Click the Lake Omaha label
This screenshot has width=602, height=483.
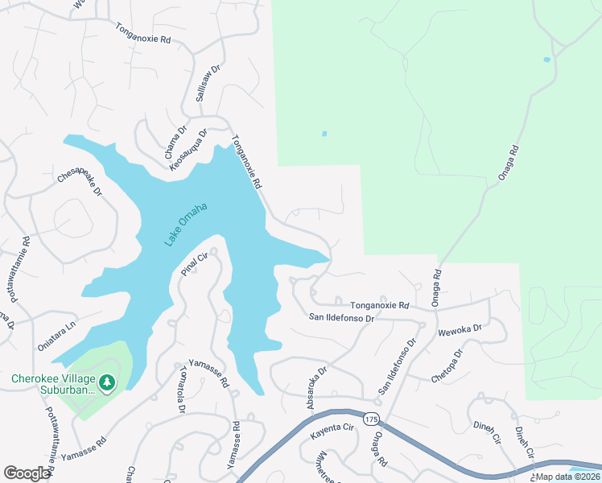point(186,225)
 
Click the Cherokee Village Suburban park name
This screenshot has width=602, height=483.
point(52,384)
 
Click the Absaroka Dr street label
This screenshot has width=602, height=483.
point(316,388)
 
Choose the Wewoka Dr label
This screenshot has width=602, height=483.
point(460,328)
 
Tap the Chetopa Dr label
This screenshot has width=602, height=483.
point(449,365)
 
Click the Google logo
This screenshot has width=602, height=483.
point(27,473)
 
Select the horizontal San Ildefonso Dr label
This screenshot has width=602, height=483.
point(343,318)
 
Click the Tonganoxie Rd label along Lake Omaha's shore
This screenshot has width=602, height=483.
point(247,162)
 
